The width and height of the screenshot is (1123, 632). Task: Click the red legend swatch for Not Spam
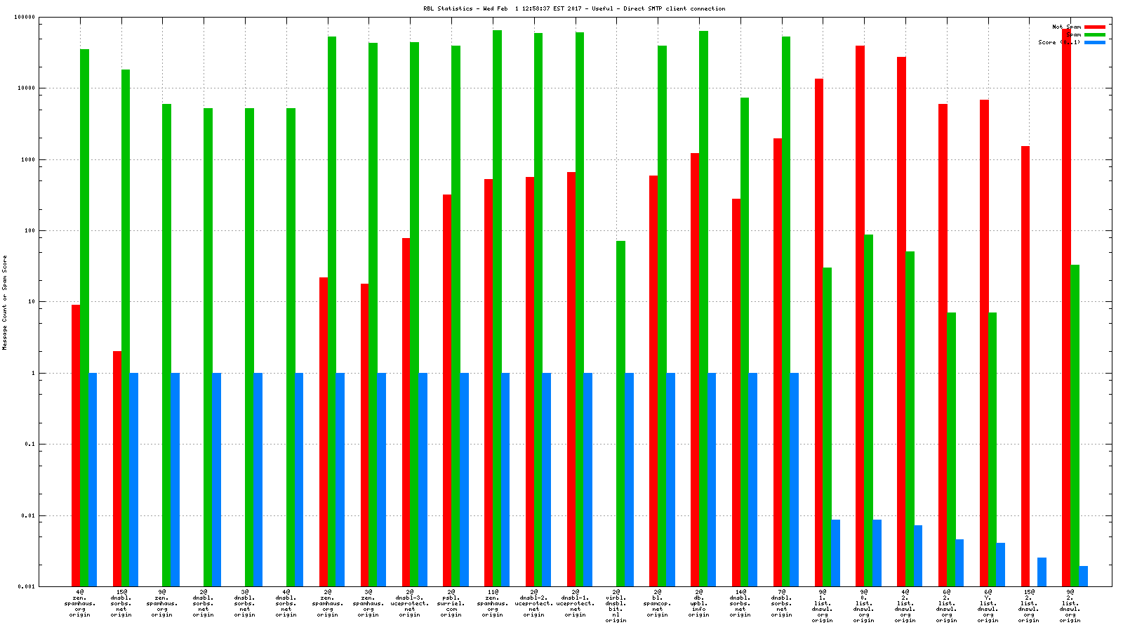click(1094, 27)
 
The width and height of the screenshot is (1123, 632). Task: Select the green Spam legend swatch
click(1094, 34)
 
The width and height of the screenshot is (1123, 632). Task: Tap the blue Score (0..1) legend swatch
click(1094, 42)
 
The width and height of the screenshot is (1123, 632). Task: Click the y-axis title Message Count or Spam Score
click(5, 302)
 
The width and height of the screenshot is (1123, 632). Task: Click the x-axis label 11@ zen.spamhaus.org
click(492, 603)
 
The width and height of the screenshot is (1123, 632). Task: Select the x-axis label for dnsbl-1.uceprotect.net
click(575, 603)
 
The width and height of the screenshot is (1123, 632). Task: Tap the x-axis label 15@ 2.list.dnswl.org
click(1029, 606)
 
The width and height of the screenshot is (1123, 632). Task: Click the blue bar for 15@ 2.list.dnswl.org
click(1042, 572)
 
